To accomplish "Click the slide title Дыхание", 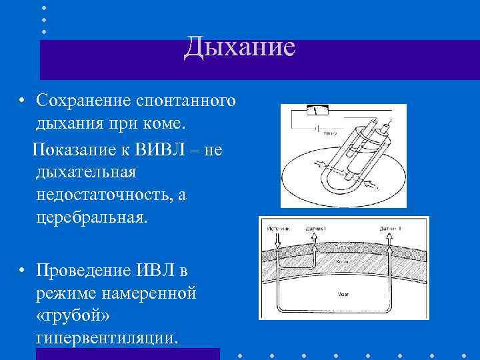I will (239, 47).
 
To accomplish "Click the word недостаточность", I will (104, 195).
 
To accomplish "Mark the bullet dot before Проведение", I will (22, 271).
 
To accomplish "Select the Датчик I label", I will (315, 229).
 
